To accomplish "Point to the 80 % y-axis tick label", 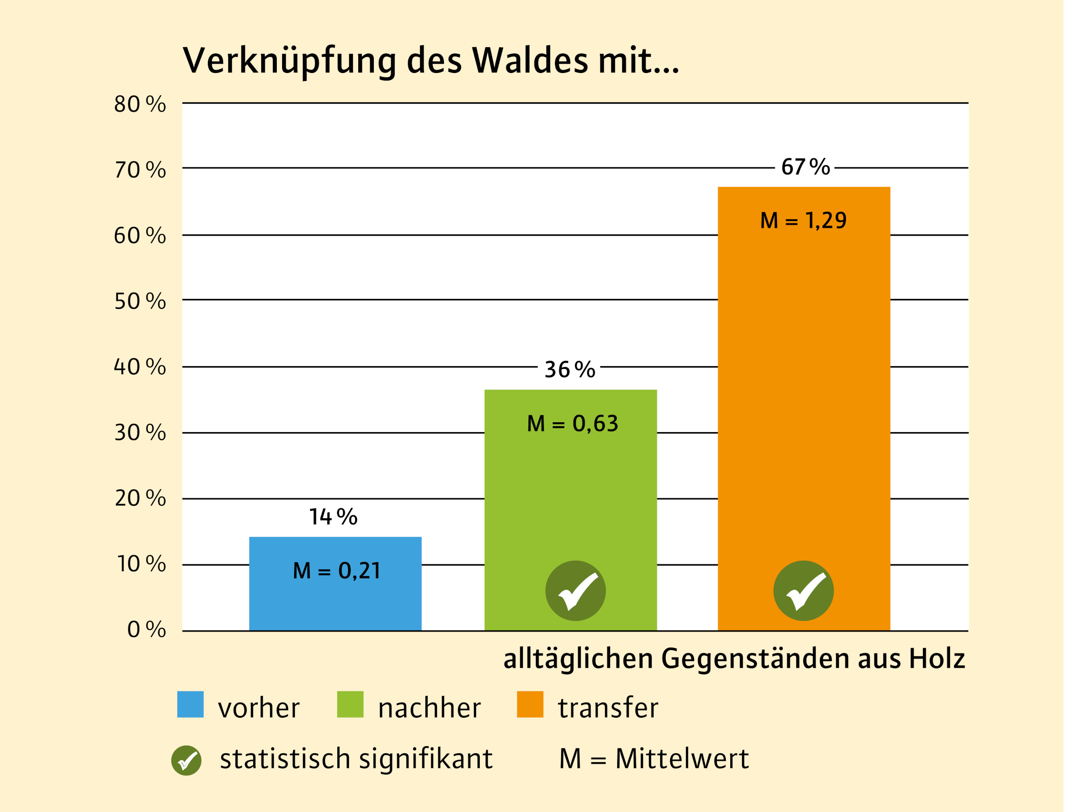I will (x=140, y=104).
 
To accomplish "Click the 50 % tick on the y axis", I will (x=140, y=301).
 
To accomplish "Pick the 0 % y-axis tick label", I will (x=146, y=629).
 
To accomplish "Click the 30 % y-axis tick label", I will (x=140, y=432).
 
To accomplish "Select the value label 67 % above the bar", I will (x=805, y=167).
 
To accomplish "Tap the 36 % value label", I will (x=570, y=370).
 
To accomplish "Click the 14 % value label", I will (x=333, y=517).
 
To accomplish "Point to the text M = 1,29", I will (x=803, y=220).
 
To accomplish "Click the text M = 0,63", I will (x=572, y=424).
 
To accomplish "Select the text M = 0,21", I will (x=336, y=570).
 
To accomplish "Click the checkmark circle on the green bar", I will (x=575, y=590).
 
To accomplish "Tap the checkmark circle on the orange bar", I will (x=804, y=590).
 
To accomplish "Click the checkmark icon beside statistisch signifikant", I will (x=186, y=760).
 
